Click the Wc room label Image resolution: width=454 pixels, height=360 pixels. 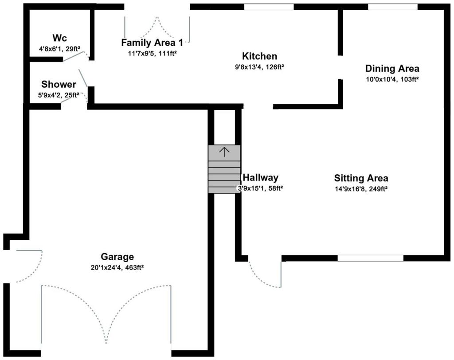point(60,38)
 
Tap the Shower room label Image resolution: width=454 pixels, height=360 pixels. point(59,84)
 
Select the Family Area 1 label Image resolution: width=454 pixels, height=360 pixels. point(152,43)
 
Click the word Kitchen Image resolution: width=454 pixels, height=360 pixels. point(259,56)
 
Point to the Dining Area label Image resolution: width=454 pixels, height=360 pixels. point(392,68)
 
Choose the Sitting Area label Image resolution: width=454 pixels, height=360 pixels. point(361,178)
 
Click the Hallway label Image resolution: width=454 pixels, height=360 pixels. point(261,177)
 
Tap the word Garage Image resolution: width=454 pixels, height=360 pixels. point(117,257)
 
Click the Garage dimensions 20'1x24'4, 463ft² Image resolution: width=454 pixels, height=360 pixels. point(117,268)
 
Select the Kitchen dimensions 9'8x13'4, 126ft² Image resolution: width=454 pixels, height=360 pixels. point(259,67)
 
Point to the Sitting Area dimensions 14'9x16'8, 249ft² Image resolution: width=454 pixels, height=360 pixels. point(361,189)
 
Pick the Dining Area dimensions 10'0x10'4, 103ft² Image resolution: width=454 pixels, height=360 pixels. point(392,79)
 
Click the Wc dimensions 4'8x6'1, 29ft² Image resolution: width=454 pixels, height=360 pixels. point(60,49)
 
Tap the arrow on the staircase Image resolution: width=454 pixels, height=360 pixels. point(224,152)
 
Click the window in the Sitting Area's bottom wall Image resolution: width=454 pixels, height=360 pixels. point(370,258)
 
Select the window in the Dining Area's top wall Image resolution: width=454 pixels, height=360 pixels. point(393,7)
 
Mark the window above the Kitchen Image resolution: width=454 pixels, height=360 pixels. point(269,7)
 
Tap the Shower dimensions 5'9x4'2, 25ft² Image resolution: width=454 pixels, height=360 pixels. point(59,95)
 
